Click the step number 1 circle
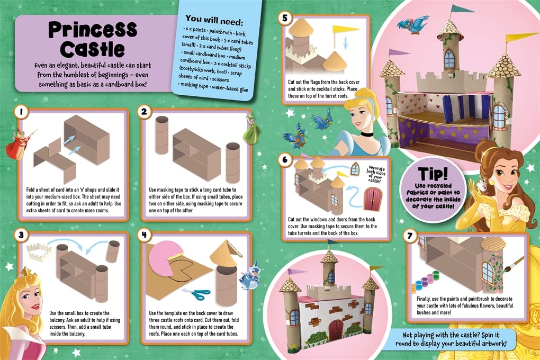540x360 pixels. [21, 112]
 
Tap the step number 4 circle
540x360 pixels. [144, 234]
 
